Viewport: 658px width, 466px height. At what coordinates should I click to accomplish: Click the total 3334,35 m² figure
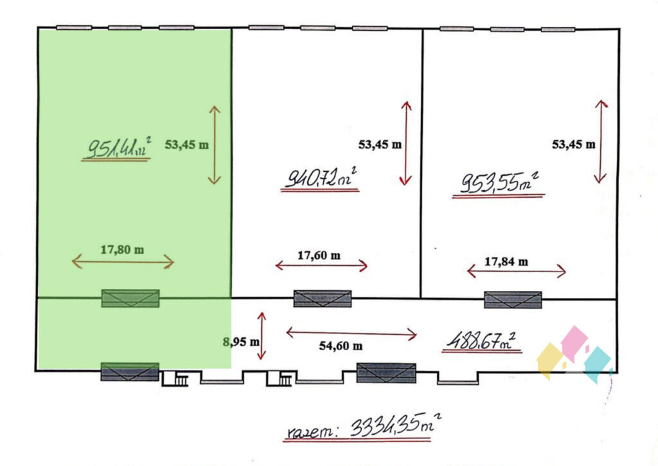click(x=395, y=425)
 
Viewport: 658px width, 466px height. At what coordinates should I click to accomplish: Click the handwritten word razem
click(x=310, y=431)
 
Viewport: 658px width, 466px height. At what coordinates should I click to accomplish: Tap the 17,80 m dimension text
click(x=122, y=250)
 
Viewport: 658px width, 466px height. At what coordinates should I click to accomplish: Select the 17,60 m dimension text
click(x=319, y=256)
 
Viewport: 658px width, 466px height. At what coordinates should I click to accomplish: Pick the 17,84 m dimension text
click(x=506, y=262)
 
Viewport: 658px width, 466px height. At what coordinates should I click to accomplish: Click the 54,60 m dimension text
click(x=341, y=346)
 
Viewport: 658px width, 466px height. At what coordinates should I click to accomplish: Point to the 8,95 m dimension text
click(x=241, y=342)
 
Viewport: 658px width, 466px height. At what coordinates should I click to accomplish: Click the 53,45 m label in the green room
click(x=186, y=145)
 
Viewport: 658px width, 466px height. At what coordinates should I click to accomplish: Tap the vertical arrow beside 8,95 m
click(x=262, y=336)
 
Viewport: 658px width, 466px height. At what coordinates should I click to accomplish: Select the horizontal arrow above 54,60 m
click(x=351, y=333)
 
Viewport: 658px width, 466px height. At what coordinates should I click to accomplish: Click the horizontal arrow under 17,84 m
click(x=517, y=271)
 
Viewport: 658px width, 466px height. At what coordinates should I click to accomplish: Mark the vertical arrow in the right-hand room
click(x=601, y=142)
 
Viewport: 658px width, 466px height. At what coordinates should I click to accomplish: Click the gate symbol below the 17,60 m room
click(x=323, y=299)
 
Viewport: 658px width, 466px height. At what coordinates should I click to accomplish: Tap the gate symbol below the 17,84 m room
click(x=513, y=299)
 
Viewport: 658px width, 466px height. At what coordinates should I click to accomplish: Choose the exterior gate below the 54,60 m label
click(x=386, y=373)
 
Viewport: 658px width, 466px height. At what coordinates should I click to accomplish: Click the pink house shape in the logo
click(x=574, y=343)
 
